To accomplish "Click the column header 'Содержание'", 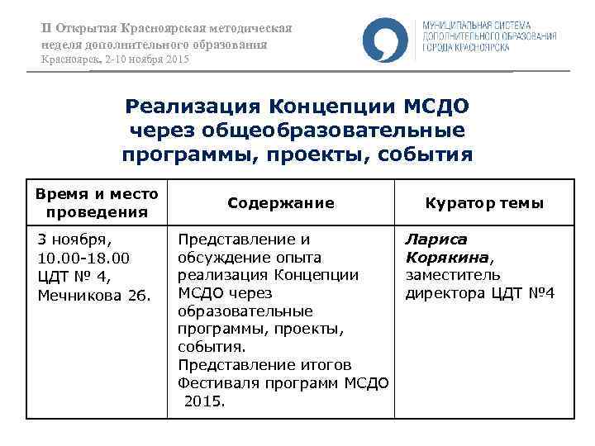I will tap(280, 203).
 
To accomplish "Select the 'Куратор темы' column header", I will tap(484, 203).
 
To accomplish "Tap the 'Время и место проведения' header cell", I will tap(97, 203).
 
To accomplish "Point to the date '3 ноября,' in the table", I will tap(74, 240).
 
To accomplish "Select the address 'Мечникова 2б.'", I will tap(94, 294).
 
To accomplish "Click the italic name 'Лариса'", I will tap(436, 240).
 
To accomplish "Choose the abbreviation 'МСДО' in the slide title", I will tap(435, 107).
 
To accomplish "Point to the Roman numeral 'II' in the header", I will tap(47, 28).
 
